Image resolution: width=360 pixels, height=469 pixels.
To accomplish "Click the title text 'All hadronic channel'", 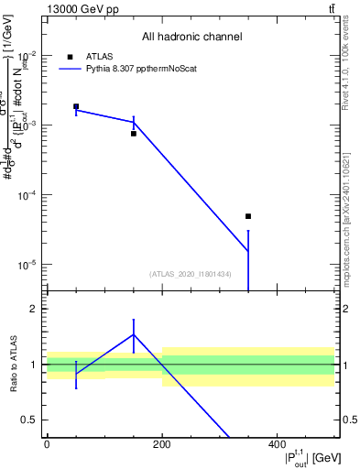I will (x=191, y=38).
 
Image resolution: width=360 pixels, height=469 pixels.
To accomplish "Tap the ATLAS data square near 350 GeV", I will (x=248, y=216).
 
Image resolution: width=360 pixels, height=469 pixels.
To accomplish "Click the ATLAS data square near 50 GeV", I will (x=76, y=106).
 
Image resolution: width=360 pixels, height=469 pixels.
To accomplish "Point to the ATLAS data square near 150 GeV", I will (x=134, y=134).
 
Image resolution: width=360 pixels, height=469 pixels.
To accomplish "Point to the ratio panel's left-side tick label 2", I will (x=32, y=310).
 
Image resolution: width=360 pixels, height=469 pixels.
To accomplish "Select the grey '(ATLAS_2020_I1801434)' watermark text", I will (x=191, y=274).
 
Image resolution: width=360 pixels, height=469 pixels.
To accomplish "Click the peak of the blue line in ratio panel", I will (x=134, y=334).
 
